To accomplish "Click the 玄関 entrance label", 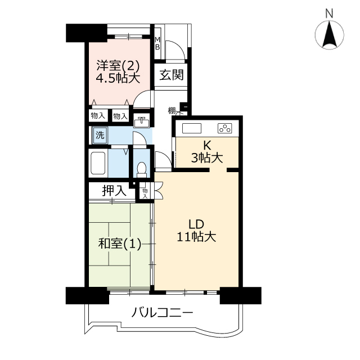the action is [x=172, y=75].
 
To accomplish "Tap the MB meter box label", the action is [x=157, y=43].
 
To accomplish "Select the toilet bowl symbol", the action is [x=141, y=169].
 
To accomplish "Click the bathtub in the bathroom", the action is [x=98, y=163].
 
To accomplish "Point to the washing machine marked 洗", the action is [x=100, y=135].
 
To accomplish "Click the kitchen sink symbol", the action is [x=192, y=128].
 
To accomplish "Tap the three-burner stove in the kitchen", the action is [x=225, y=128].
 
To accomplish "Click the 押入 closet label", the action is [x=114, y=190].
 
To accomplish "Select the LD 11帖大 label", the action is [x=196, y=230].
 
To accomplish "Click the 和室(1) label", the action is [x=120, y=244].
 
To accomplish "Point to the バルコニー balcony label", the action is [x=163, y=312].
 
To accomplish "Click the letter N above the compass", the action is [x=330, y=14].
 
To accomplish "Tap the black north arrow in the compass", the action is [x=330, y=34].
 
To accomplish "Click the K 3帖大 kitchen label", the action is [x=207, y=151].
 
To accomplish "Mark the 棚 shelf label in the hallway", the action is [x=172, y=110].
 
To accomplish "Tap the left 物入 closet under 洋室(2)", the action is [x=98, y=116].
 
